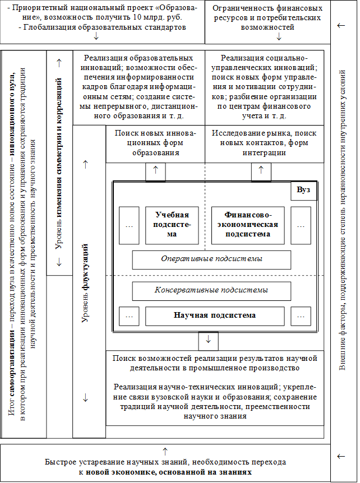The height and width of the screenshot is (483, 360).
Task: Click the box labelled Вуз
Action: [303, 191]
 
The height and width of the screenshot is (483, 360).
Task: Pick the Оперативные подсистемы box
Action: [211, 259]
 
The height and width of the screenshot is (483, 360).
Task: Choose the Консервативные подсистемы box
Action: [211, 291]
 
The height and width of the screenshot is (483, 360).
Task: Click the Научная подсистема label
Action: [215, 316]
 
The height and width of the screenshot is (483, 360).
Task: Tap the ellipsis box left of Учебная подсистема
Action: [130, 225]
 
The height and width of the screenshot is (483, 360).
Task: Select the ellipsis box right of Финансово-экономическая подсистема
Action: [301, 225]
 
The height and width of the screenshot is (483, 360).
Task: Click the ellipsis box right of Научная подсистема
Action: [301, 316]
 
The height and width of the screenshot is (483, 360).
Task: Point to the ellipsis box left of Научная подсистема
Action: [130, 316]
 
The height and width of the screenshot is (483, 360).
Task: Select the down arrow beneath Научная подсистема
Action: [208, 341]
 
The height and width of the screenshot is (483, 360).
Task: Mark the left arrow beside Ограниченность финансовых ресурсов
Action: [340, 26]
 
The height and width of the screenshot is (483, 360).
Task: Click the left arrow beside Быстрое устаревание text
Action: [340, 456]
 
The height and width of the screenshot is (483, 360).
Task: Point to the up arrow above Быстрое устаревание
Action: [165, 451]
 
